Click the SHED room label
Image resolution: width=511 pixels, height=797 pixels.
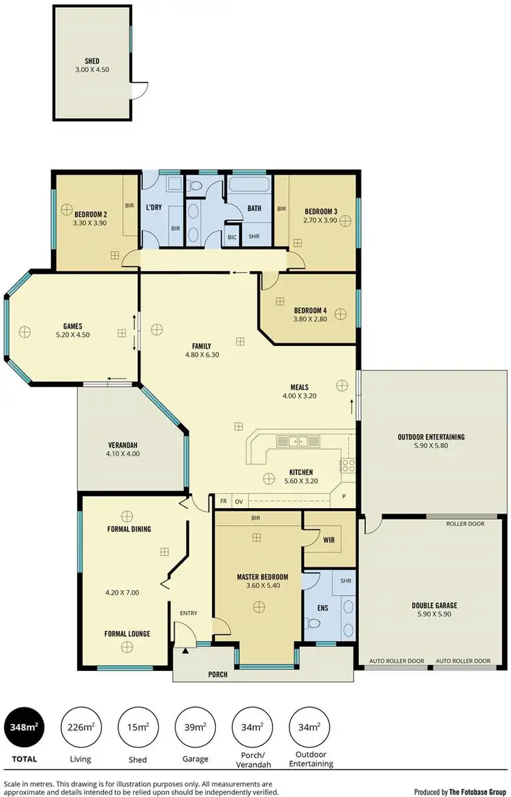coord(92,60)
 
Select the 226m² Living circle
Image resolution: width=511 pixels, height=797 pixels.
coord(81,728)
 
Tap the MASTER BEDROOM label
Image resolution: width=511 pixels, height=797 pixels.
coord(258,576)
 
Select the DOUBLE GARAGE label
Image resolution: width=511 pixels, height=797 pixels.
coord(434,605)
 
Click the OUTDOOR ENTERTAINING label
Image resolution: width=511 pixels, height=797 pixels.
coord(431,437)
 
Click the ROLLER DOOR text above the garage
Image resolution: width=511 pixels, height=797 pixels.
coord(465,524)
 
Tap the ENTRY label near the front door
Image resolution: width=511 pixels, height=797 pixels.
coord(188,613)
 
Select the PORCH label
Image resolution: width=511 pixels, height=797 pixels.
coord(217,675)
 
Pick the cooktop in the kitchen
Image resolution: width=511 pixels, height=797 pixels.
coord(347,465)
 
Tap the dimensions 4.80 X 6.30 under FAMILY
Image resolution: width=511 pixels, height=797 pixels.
coord(201,354)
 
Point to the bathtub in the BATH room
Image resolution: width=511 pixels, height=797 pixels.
coord(249,185)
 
